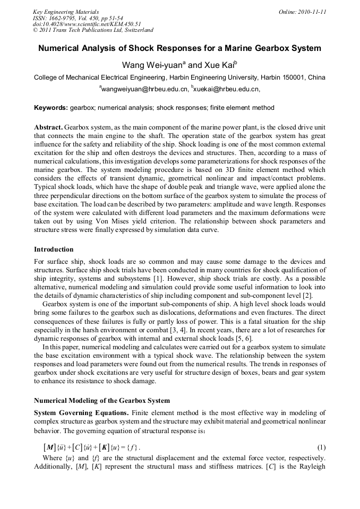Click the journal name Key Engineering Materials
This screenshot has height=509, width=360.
pyautogui.click(x=66, y=12)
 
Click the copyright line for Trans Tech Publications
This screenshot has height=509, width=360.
pyautogui.click(x=93, y=30)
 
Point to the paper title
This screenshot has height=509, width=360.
pyautogui.click(x=179, y=48)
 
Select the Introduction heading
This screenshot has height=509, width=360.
pyautogui.click(x=54, y=249)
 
